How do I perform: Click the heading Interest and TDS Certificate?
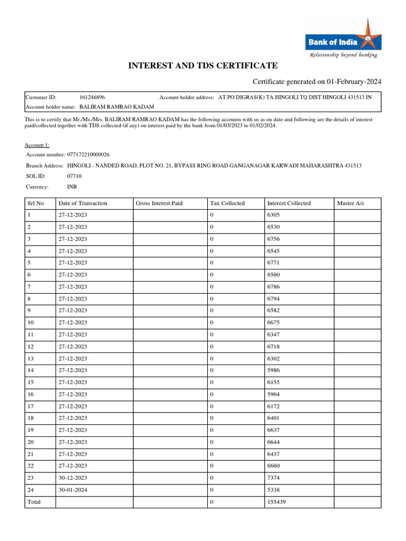coord(203,66)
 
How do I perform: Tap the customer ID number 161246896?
coord(92,97)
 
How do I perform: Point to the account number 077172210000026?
coord(88,154)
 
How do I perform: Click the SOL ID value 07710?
coord(75,176)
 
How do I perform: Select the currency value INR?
coord(72,186)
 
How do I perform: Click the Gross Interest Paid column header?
coord(159,203)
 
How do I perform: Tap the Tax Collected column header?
coord(227,203)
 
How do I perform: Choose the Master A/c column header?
coord(350,203)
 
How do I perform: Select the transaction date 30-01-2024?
coord(73,490)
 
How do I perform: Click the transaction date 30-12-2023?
coord(73,478)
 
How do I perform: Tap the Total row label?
coord(34,502)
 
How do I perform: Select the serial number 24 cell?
coord(31,490)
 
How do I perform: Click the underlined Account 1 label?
coord(37,145)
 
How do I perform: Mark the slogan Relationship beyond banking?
coord(343,55)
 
